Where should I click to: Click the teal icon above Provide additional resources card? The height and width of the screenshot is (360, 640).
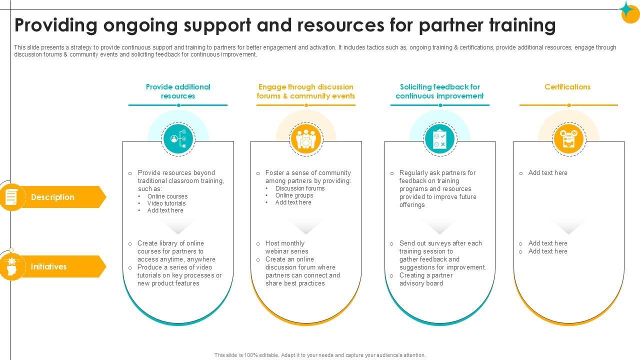click(178, 138)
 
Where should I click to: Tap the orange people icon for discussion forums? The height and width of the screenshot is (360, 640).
click(306, 138)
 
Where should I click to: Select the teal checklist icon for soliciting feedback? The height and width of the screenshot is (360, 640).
click(439, 138)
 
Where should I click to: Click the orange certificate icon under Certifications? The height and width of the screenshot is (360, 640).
click(568, 138)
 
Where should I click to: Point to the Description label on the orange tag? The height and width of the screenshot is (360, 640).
click(52, 197)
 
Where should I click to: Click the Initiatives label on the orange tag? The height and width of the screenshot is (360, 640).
click(48, 266)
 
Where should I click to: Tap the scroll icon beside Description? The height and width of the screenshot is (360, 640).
click(11, 197)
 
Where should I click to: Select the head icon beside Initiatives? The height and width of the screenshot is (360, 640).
click(11, 266)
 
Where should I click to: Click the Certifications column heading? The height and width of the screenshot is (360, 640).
click(567, 87)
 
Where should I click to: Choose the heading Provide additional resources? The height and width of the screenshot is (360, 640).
click(178, 91)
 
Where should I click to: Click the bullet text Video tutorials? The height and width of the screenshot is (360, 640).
click(166, 203)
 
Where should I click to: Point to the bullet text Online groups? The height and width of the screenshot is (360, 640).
click(294, 195)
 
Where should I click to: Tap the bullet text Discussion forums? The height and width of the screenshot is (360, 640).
click(300, 188)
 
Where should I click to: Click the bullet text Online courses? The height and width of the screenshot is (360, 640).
click(167, 196)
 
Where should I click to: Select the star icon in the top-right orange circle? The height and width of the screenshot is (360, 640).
click(628, 10)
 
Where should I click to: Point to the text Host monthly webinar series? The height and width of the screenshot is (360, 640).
click(286, 247)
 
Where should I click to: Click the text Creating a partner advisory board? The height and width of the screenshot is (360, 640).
click(426, 279)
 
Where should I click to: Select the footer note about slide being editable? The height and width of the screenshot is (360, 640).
click(320, 355)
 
